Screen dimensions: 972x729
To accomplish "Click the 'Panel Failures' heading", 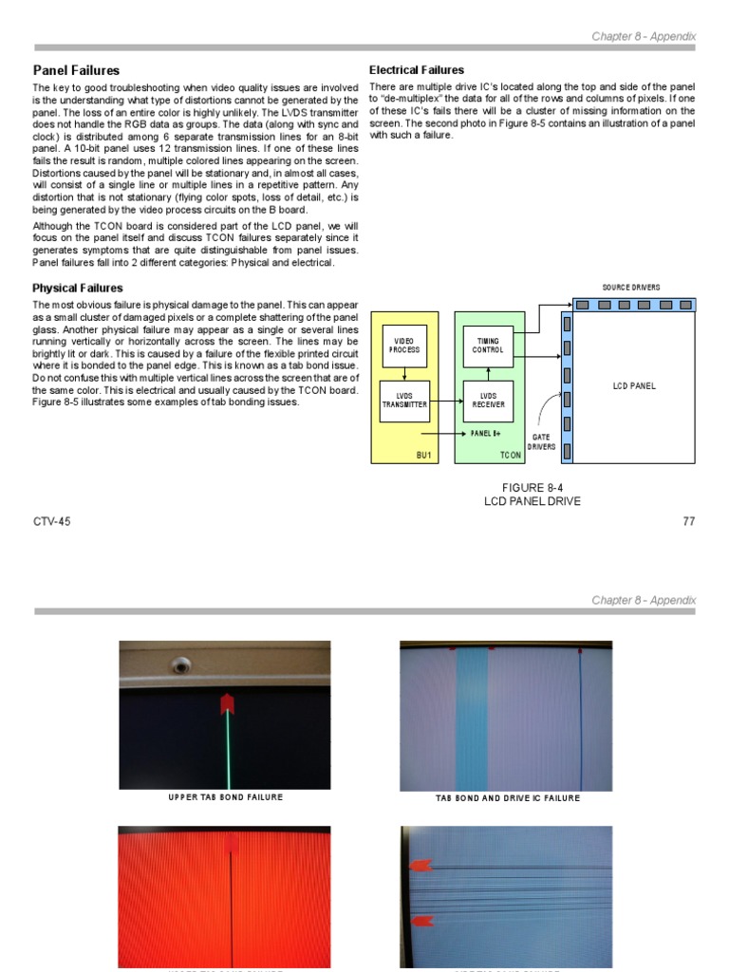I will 76,70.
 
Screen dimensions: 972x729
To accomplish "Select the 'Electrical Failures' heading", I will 416,70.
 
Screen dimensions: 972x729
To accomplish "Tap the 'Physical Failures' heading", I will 78,288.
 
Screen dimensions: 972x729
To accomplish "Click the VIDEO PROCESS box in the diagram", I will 403,346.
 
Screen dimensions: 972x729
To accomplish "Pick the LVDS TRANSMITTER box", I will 404,402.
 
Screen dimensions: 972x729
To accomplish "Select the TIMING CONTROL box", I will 488,346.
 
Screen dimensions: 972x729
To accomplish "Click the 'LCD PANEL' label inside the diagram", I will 634,386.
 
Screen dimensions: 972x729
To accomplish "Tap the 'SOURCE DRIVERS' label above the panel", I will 631,288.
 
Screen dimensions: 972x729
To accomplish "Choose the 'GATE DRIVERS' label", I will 541,441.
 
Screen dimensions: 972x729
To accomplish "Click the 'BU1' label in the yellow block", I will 423,456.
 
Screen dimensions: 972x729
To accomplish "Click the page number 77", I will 689,521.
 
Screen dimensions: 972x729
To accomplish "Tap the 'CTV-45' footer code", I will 51,521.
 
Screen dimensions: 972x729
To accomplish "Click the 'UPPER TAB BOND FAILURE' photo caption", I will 225,797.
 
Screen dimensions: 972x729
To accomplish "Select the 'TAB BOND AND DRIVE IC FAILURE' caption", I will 507,798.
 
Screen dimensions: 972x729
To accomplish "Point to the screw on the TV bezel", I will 179,665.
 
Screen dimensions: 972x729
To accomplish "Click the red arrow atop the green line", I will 227,703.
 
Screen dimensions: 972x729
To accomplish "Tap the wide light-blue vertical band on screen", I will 472,721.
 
